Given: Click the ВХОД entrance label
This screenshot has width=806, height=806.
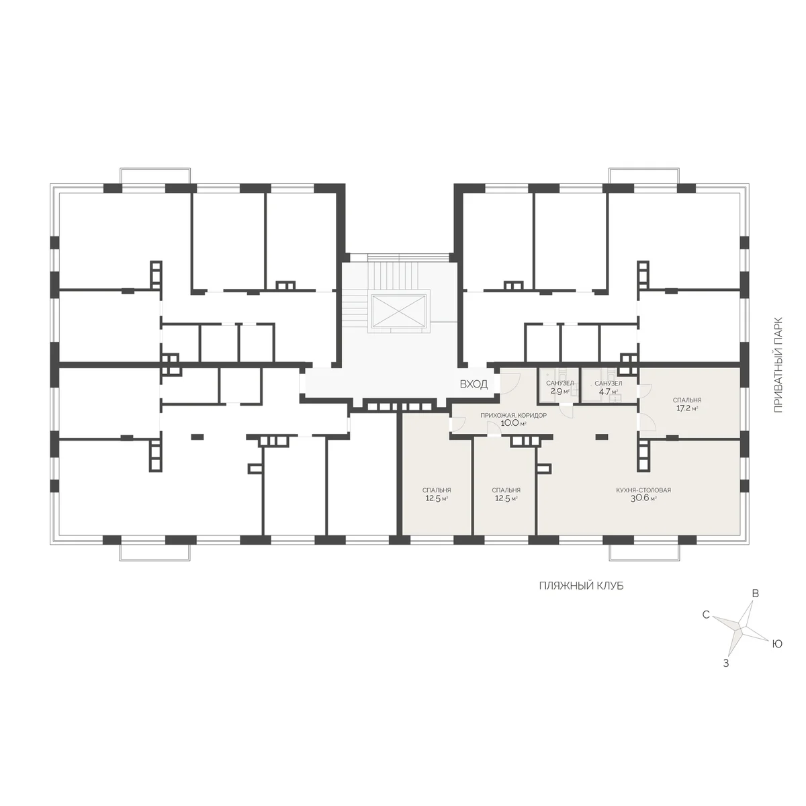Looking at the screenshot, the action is [x=474, y=384].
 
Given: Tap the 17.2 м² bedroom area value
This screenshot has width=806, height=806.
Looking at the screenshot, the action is [x=687, y=408].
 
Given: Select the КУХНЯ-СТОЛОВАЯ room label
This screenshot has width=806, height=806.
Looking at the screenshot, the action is [x=643, y=490].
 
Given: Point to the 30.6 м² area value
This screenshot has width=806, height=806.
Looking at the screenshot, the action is [x=643, y=498].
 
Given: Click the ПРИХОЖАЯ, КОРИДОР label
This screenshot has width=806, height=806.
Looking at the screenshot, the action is [x=513, y=415].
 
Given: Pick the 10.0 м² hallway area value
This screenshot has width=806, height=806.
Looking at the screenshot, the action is [x=513, y=423].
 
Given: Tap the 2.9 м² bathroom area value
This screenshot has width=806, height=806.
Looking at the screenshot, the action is [x=560, y=392].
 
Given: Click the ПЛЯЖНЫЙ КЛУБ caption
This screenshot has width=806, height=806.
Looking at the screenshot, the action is [x=581, y=586].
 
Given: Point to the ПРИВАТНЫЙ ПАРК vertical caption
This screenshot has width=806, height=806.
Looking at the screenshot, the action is [x=778, y=365].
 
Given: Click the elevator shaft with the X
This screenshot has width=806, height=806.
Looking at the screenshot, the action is [x=398, y=313].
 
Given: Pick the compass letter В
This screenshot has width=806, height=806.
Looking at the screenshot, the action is [x=756, y=593].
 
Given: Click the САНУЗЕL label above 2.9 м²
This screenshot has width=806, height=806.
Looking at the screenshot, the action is [x=560, y=383].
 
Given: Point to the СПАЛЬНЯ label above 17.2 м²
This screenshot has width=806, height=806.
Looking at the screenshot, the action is [x=687, y=400].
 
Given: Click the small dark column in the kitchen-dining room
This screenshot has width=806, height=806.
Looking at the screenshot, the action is [x=601, y=437].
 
